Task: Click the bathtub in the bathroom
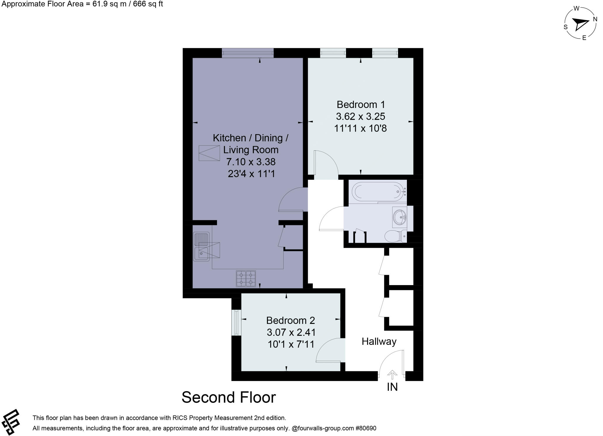pos(378,192)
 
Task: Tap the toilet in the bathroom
pos(395,236)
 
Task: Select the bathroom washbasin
pos(400,217)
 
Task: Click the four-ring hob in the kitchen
pos(246,279)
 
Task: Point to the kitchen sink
pos(201,247)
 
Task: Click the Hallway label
pos(379,342)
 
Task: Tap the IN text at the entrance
pos(392,387)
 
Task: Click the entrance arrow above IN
pos(392,375)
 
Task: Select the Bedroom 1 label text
pos(361,104)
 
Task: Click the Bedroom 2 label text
pos(290,320)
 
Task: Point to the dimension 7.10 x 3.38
pos(251,162)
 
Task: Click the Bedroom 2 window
pos(236,322)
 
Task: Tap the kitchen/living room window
pos(248,53)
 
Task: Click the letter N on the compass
pos(595,19)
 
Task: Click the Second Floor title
pos(228,397)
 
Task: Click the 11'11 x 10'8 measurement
pos(360,128)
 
